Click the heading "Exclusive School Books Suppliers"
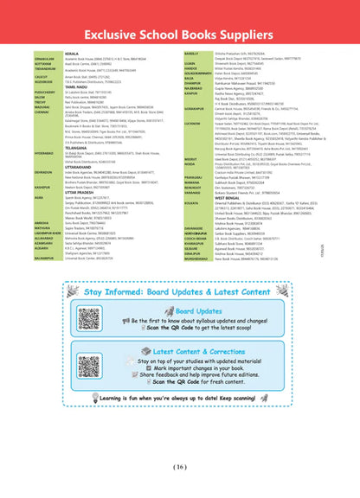[180, 32]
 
